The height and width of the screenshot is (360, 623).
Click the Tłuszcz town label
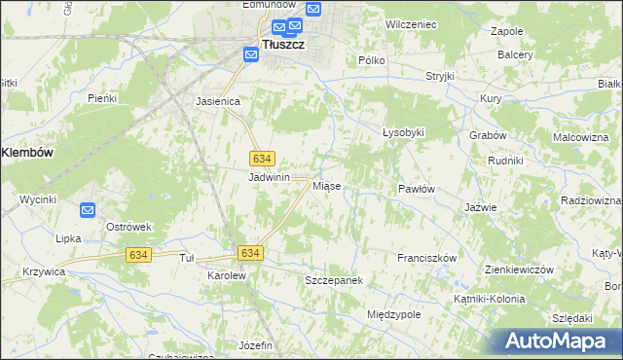(286, 45)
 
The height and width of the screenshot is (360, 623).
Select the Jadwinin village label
(270, 178)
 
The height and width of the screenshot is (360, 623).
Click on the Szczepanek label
(333, 280)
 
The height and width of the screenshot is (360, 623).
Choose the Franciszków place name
(426, 258)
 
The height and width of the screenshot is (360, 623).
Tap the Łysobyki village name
(403, 132)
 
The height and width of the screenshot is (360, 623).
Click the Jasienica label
(217, 100)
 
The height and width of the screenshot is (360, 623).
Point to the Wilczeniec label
(409, 21)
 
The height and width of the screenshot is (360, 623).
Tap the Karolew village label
(226, 276)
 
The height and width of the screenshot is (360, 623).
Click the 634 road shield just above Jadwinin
(261, 158)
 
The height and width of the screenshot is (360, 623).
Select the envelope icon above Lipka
(88, 209)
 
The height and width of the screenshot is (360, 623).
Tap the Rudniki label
(506, 161)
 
